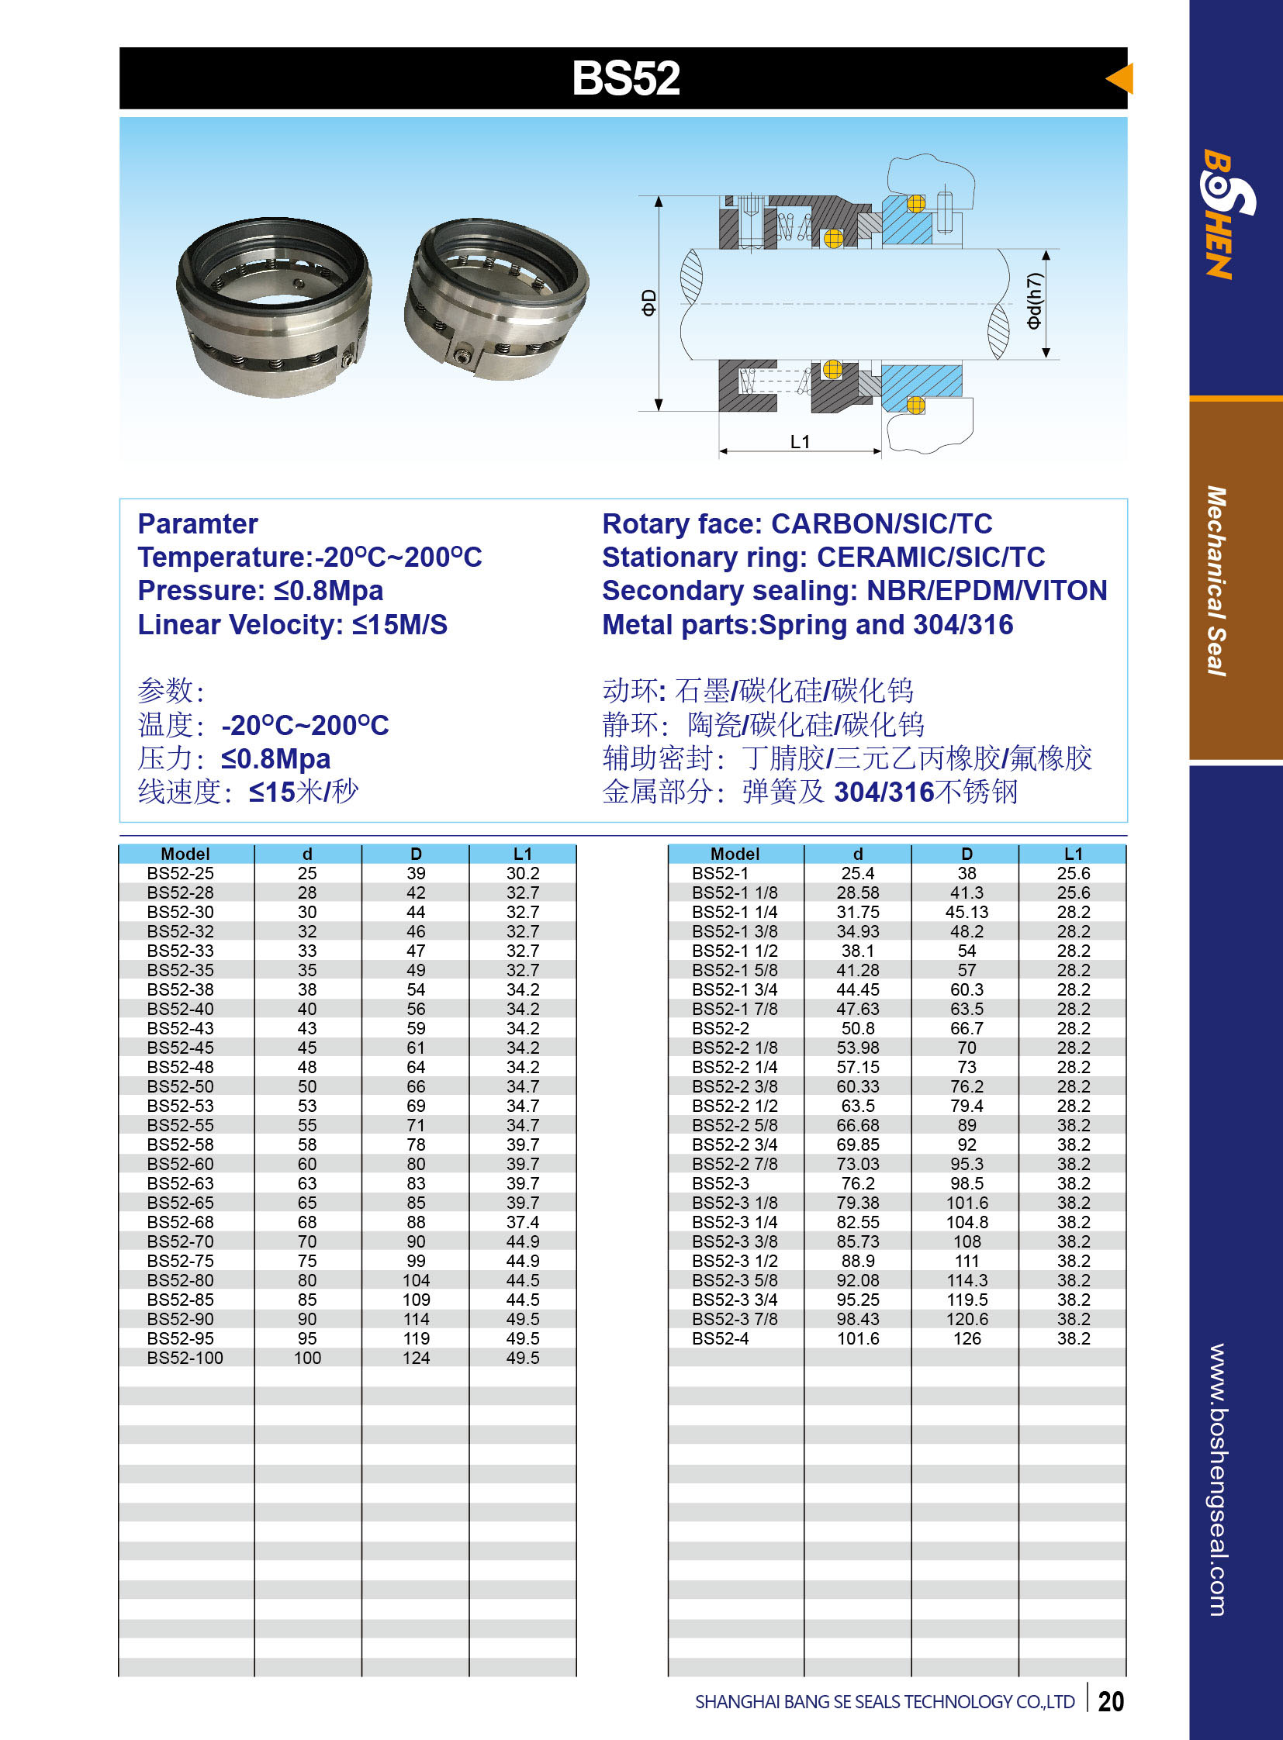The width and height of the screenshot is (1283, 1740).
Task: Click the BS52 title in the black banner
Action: pyautogui.click(x=626, y=78)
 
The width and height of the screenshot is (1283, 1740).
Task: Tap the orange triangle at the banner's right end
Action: pyautogui.click(x=1121, y=78)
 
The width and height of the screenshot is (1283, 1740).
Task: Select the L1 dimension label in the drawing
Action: pyautogui.click(x=800, y=442)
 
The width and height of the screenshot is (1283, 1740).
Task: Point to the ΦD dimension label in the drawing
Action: pyautogui.click(x=648, y=302)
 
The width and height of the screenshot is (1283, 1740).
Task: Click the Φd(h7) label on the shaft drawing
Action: pyautogui.click(x=1034, y=301)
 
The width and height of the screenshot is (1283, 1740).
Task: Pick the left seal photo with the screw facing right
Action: pyautogui.click(x=273, y=307)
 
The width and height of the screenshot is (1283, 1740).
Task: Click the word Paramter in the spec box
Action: pyautogui.click(x=197, y=524)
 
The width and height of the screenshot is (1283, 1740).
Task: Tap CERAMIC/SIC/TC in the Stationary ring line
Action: pyautogui.click(x=930, y=558)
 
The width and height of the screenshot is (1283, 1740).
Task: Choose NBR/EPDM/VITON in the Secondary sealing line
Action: pyautogui.click(x=987, y=591)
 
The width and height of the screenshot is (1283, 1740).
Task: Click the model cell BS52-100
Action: pyautogui.click(x=185, y=1358)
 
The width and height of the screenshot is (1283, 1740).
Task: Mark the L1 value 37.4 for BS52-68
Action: pyautogui.click(x=523, y=1222)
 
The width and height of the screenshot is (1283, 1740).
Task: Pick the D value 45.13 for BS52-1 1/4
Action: pyautogui.click(x=967, y=913)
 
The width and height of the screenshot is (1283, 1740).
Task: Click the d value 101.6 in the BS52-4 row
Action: pyautogui.click(x=857, y=1338)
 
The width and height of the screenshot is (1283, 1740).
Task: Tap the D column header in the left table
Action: pyautogui.click(x=416, y=854)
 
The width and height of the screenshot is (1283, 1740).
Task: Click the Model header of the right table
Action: pyautogui.click(x=735, y=854)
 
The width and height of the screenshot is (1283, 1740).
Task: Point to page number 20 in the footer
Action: pyautogui.click(x=1111, y=1701)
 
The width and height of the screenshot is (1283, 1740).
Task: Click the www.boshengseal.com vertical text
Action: pyautogui.click(x=1217, y=1479)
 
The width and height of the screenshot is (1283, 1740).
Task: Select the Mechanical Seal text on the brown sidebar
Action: pyautogui.click(x=1217, y=581)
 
